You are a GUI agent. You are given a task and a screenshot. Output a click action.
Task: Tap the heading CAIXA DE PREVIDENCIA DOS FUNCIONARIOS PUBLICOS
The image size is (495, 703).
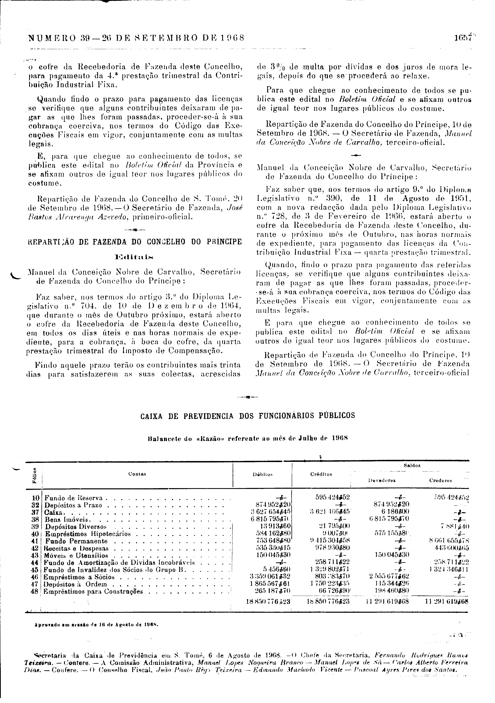[x=248, y=416]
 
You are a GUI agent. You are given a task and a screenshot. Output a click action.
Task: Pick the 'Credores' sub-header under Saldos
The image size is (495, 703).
[x=441, y=481]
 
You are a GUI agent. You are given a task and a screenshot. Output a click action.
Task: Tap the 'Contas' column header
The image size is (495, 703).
[x=137, y=474]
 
